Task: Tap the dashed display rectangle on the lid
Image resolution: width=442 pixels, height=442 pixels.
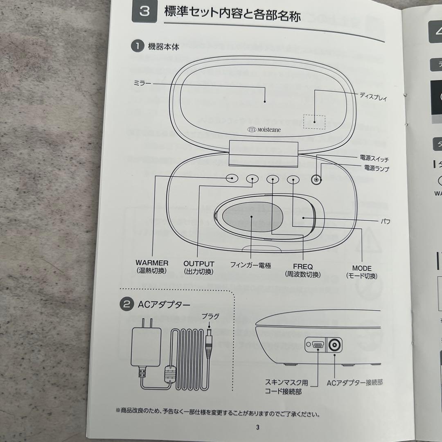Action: (x=314, y=121)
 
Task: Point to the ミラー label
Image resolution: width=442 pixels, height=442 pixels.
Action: (x=142, y=83)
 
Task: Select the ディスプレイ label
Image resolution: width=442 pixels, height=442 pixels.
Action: (x=373, y=97)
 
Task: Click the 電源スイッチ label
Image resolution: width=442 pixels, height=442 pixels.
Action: (x=374, y=159)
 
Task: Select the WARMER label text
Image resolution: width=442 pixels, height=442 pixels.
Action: (x=152, y=263)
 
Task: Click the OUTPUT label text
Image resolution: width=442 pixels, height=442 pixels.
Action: (x=198, y=264)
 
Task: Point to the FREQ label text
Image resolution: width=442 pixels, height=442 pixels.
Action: (x=302, y=267)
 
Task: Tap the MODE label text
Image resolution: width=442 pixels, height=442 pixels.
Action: (x=362, y=268)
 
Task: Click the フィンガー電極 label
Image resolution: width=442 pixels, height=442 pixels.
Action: (x=250, y=266)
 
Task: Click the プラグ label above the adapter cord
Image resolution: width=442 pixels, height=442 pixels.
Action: (x=210, y=316)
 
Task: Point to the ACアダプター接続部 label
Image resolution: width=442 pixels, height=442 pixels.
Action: (x=354, y=383)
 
